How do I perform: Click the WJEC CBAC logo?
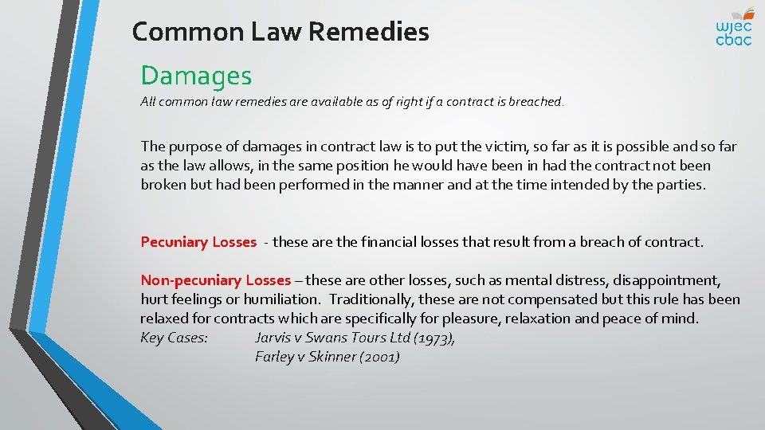point(733,25)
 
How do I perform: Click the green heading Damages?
point(196,76)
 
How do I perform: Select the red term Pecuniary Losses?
point(198,241)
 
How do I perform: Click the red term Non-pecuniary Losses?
point(215,279)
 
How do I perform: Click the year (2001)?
point(379,357)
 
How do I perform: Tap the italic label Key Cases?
point(174,338)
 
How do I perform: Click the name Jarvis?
point(275,338)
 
